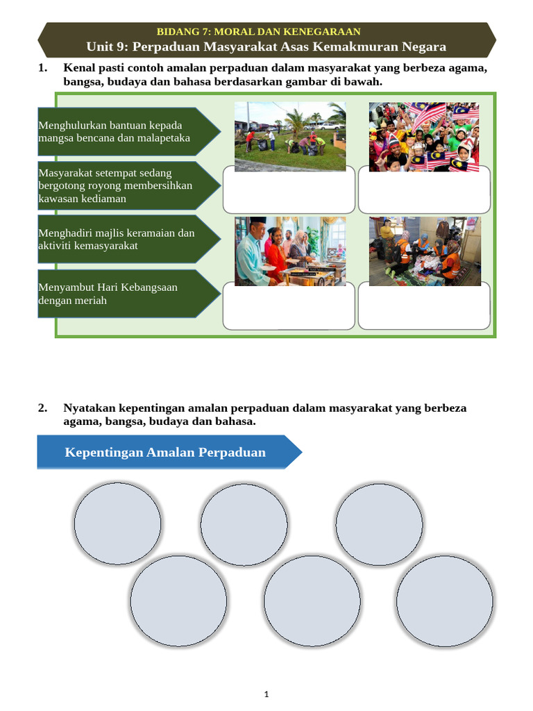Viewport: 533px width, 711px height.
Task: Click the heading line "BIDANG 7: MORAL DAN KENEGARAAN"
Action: coord(258,32)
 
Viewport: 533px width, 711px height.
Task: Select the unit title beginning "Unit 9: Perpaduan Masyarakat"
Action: coord(266,47)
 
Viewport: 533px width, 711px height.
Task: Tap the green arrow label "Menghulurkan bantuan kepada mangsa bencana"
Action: coord(129,131)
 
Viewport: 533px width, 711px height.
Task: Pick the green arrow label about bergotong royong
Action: coord(129,185)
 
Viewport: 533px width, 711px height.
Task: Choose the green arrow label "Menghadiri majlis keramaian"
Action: coord(129,240)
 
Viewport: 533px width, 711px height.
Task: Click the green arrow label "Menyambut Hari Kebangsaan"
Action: coord(129,294)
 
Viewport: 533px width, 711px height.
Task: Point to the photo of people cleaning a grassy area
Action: coord(290,137)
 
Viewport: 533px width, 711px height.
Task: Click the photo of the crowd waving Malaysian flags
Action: coord(424,137)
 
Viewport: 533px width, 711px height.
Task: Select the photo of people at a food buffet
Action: coord(290,251)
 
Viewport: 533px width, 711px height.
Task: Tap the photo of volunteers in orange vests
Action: coord(425,251)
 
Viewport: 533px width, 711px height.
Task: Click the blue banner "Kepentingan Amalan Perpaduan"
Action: coord(169,452)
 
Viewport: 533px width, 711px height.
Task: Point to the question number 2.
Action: coord(42,408)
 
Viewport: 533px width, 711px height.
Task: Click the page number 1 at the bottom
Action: coord(266,694)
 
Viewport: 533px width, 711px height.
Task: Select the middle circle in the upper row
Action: coord(244,525)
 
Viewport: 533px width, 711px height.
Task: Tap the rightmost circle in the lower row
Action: coord(445,601)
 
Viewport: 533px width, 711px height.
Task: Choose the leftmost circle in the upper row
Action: coord(117,524)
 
